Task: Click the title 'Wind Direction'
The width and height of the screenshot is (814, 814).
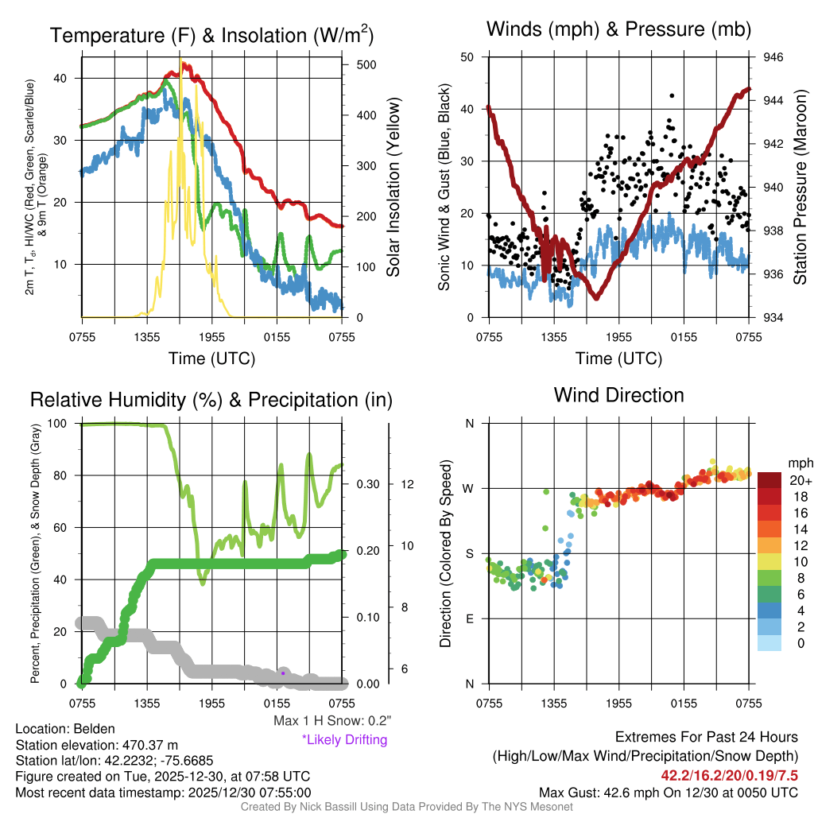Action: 618,395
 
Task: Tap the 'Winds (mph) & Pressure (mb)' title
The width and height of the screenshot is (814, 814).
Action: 618,30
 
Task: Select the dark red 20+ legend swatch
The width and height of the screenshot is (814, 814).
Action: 771,480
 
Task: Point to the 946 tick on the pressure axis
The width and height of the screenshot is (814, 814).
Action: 773,57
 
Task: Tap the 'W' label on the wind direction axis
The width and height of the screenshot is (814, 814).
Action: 469,488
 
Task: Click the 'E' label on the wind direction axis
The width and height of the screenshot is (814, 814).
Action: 470,618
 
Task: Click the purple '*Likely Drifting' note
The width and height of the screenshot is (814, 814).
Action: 344,739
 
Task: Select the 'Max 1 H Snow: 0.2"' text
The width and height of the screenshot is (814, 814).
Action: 331,721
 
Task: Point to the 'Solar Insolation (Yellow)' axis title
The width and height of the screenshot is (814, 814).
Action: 393,188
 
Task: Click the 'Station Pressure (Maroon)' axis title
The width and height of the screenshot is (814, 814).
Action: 800,188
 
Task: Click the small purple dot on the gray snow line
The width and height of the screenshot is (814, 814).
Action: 282,673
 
